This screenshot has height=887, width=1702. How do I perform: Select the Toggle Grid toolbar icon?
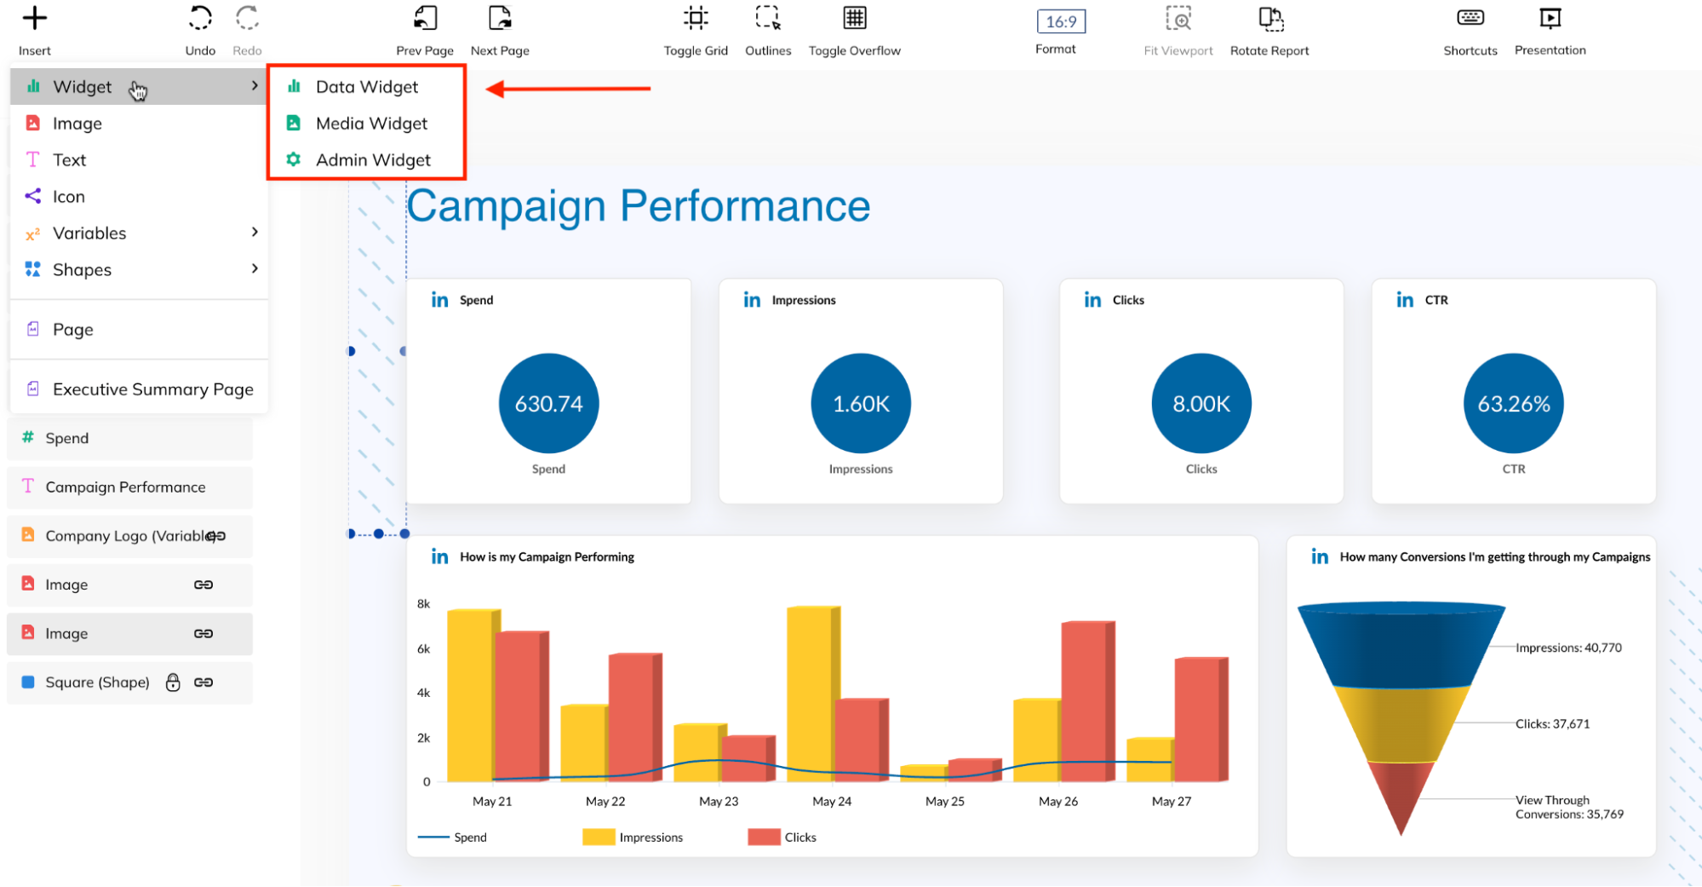click(x=696, y=19)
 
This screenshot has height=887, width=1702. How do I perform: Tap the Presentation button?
click(x=1550, y=19)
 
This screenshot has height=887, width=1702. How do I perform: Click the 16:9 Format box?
click(x=1060, y=21)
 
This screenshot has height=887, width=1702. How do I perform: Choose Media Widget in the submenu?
click(x=371, y=124)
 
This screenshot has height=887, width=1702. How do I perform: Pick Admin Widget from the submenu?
click(x=373, y=160)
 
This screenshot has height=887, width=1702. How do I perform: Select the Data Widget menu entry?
click(x=367, y=87)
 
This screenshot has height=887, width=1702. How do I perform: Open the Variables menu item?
click(x=89, y=233)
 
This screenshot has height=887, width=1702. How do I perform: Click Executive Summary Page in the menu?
click(x=152, y=389)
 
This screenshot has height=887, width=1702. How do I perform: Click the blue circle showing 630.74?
click(x=548, y=403)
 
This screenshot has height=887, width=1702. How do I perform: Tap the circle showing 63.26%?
click(x=1513, y=403)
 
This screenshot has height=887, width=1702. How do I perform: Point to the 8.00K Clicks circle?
click(x=1201, y=403)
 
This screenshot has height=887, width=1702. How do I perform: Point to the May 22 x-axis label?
click(x=605, y=802)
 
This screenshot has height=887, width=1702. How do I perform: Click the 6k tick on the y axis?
click(x=423, y=649)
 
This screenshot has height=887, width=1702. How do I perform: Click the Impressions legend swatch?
click(x=599, y=838)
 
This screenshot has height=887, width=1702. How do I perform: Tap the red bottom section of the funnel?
click(x=1401, y=792)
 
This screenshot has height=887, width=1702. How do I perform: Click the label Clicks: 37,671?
click(x=1551, y=724)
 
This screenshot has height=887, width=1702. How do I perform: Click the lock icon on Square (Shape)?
click(x=173, y=683)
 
